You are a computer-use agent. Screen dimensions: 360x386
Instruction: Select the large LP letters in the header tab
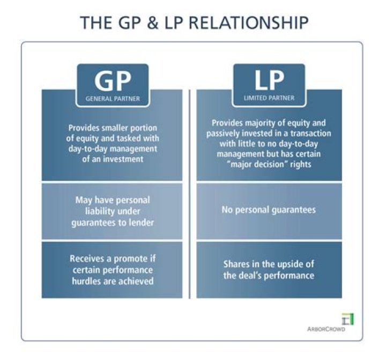(269, 82)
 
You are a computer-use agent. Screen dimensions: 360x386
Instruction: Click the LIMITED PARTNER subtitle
(269, 99)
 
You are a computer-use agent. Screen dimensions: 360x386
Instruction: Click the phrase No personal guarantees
(269, 210)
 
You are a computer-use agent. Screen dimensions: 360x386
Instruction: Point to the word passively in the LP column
(224, 134)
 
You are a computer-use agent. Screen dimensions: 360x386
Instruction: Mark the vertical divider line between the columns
(190, 193)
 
